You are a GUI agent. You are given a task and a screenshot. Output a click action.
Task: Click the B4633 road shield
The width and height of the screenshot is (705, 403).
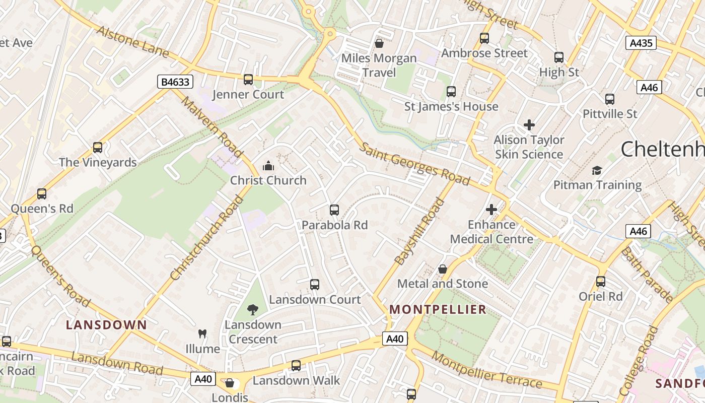point(175,82)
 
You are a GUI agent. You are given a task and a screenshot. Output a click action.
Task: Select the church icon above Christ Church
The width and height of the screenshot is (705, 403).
point(268,166)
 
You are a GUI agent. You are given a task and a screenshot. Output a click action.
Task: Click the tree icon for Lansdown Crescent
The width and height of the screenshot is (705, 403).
point(253,309)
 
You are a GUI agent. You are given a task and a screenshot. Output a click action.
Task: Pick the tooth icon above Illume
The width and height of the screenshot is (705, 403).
point(202,333)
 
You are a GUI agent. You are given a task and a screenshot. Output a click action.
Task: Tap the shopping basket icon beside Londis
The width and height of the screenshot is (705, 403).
point(230,383)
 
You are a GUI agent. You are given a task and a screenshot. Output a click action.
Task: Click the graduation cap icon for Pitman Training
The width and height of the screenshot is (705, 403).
point(597,170)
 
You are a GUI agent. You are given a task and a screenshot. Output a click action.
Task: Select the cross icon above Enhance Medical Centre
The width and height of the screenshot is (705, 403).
point(491,210)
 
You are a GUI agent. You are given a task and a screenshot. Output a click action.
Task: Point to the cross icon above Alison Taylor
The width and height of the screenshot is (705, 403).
point(529,124)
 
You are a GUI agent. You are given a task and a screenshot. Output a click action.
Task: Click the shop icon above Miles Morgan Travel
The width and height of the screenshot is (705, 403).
point(379,44)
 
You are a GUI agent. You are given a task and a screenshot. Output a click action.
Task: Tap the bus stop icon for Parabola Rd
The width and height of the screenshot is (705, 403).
point(334,210)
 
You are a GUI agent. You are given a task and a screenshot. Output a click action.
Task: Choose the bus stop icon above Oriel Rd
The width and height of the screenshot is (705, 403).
point(601,282)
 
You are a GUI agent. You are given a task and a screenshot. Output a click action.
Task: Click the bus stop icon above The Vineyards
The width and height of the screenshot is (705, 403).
point(98,148)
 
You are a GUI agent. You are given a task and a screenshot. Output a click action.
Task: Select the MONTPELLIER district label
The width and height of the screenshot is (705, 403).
point(438,309)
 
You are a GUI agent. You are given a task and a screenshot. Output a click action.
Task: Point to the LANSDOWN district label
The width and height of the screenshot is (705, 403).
point(106,325)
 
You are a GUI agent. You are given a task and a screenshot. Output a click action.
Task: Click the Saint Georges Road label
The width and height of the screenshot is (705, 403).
point(415,164)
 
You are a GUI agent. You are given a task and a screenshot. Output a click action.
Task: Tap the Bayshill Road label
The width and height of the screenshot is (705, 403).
point(419,232)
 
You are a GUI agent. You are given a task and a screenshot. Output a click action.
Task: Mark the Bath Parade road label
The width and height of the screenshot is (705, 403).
point(647,275)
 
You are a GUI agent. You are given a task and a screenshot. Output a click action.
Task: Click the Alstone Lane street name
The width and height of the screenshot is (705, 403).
point(132,42)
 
